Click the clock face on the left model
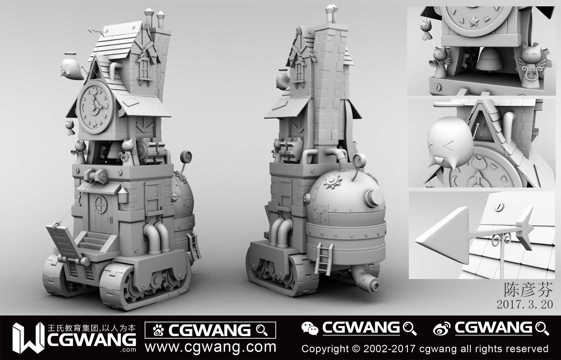click(x=95, y=107)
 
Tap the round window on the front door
click(x=101, y=204)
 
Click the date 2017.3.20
click(x=525, y=304)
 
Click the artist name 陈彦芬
click(x=528, y=290)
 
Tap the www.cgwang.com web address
click(x=210, y=347)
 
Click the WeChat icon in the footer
click(x=310, y=328)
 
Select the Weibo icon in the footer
click(x=442, y=328)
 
